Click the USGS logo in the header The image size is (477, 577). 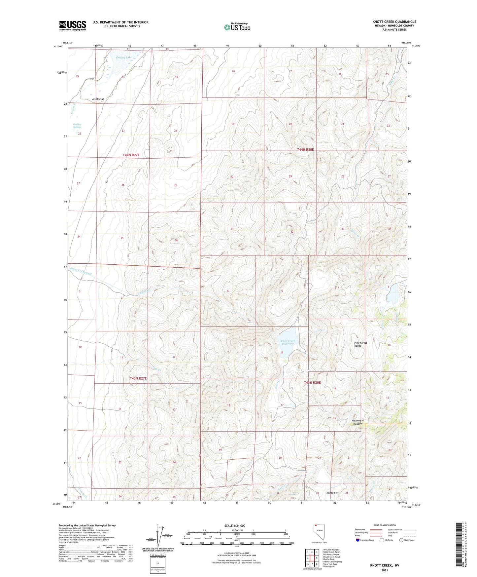(72, 25)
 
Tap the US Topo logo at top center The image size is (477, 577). (237, 27)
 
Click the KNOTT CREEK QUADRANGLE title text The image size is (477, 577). (394, 21)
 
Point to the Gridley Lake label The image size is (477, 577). (124, 58)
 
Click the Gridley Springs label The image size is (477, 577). (77, 126)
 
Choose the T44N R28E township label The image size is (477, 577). (305, 150)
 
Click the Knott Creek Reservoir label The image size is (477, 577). (287, 342)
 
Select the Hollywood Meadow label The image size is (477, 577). (358, 422)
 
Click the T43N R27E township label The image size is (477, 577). (138, 378)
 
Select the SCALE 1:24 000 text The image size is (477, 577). (234, 525)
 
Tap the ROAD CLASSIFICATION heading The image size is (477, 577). (385, 525)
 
